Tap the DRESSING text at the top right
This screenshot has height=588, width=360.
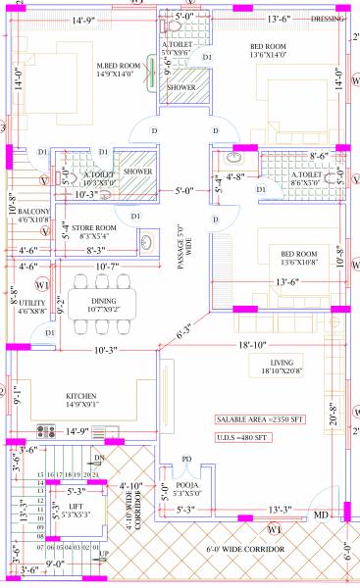click(x=328, y=19)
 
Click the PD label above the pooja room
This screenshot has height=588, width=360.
click(x=186, y=458)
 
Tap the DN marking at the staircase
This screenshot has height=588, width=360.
click(x=98, y=458)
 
